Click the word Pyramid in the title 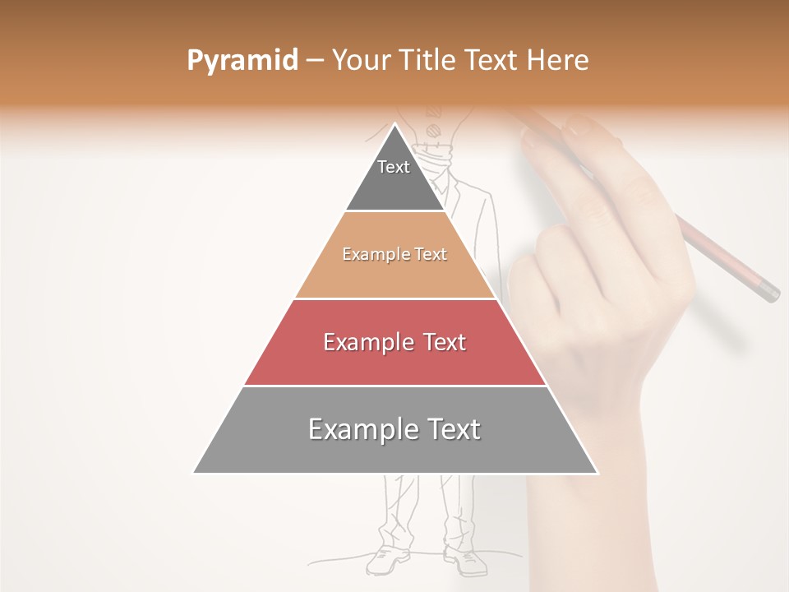pyautogui.click(x=242, y=61)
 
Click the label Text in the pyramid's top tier pyautogui.click(x=394, y=167)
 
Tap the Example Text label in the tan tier pyautogui.click(x=394, y=254)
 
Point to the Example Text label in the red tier pyautogui.click(x=394, y=342)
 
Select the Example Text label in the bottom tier pyautogui.click(x=394, y=429)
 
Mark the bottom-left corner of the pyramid pyautogui.click(x=194, y=473)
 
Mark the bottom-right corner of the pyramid pyautogui.click(x=597, y=473)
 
